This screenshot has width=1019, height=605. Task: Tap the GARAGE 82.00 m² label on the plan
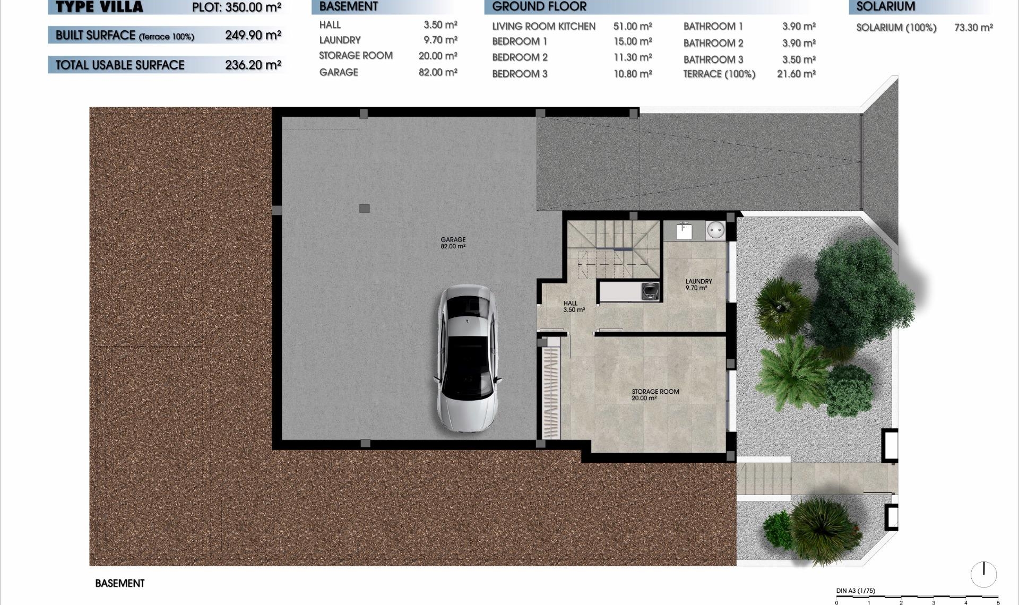click(x=453, y=243)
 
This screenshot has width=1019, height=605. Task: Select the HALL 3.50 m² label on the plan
click(x=574, y=307)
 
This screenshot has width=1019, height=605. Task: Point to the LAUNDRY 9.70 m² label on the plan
click(x=698, y=285)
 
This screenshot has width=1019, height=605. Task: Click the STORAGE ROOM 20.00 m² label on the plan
click(x=655, y=395)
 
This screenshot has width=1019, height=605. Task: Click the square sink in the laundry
click(x=684, y=231)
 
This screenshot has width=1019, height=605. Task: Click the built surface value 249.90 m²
click(x=253, y=35)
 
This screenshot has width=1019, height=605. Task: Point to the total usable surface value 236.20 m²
click(x=253, y=65)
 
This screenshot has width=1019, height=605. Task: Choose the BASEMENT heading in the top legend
click(x=349, y=6)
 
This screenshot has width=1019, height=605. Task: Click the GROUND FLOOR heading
click(x=539, y=6)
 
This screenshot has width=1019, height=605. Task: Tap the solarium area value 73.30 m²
click(x=973, y=28)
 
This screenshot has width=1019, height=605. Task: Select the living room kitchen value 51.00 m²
click(x=633, y=26)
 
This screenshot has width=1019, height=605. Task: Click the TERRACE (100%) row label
click(x=719, y=74)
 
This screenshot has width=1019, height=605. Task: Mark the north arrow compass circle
click(x=983, y=574)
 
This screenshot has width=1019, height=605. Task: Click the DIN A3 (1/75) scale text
click(x=856, y=591)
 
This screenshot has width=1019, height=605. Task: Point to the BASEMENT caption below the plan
click(x=119, y=583)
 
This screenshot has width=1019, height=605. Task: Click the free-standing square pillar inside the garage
click(x=365, y=209)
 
